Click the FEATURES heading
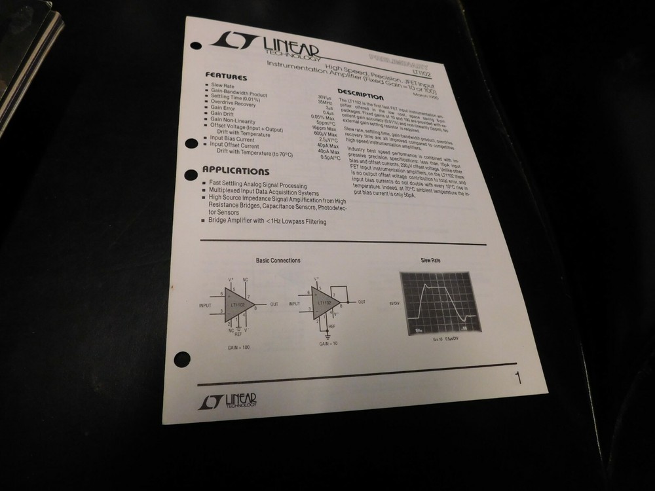pyautogui.click(x=226, y=76)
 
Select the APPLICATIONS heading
pyautogui.click(x=236, y=172)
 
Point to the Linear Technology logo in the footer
pyautogui.click(x=228, y=401)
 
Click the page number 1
pyautogui.click(x=517, y=378)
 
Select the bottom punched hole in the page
pyautogui.click(x=183, y=359)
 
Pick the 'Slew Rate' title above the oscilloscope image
pyautogui.click(x=430, y=261)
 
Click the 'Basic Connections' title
pyautogui.click(x=278, y=261)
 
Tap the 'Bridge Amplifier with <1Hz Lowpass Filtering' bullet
pyautogui.click(x=267, y=221)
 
